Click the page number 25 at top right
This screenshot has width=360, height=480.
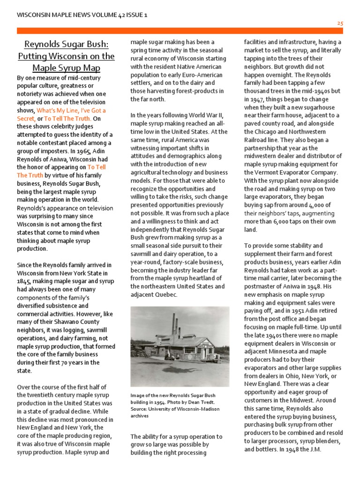[x=340, y=23]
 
